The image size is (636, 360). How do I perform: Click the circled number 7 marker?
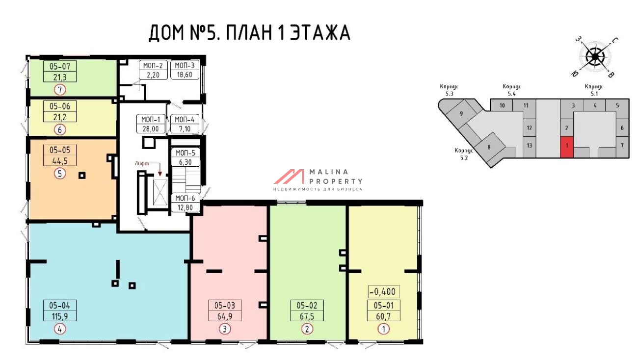click(60, 90)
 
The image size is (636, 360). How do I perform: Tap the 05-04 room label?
click(60, 306)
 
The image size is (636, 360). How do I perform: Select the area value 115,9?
click(60, 316)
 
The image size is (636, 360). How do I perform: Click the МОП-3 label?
click(185, 66)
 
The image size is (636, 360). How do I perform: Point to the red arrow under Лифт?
click(160, 169)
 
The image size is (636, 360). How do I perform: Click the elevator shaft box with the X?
click(160, 192)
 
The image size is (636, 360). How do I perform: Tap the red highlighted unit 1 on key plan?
click(566, 147)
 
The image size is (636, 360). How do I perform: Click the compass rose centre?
click(595, 57)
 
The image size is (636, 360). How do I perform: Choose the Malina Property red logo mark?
click(289, 177)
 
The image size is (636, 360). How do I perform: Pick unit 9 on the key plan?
click(461, 113)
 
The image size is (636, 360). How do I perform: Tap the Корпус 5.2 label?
click(464, 154)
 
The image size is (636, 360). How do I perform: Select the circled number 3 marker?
click(225, 329)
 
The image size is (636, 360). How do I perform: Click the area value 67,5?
click(307, 316)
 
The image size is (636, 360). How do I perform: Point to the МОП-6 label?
click(185, 198)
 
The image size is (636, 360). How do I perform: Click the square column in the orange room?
click(82, 176)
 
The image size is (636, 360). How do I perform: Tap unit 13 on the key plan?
click(529, 146)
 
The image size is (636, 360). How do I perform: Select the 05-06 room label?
click(60, 106)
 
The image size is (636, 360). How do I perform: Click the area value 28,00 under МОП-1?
click(151, 129)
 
